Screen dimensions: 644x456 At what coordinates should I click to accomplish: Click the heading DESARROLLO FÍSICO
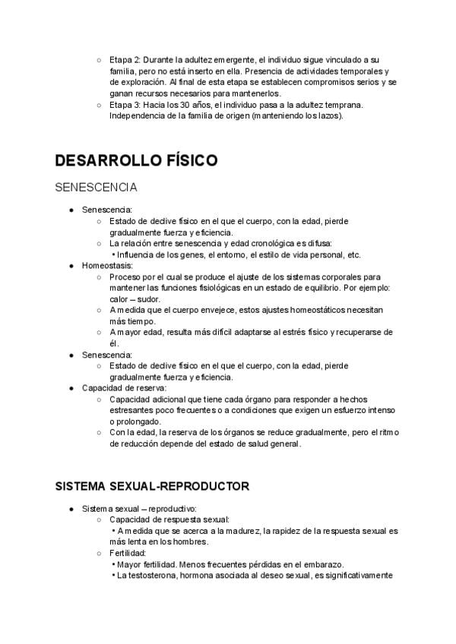point(137,160)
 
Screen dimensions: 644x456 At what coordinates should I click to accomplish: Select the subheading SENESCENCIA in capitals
point(96,187)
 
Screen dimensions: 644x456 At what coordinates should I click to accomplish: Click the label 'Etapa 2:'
point(126,59)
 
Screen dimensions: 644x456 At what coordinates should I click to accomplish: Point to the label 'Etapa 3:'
point(126,104)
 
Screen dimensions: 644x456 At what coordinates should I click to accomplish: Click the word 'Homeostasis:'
point(108,266)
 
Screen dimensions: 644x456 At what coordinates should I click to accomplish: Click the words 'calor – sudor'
point(135,299)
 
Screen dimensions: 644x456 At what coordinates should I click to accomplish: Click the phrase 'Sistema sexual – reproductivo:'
point(140,508)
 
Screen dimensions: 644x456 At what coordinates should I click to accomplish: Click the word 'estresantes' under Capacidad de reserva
point(131,410)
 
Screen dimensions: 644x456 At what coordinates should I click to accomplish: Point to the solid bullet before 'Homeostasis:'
point(71,267)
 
